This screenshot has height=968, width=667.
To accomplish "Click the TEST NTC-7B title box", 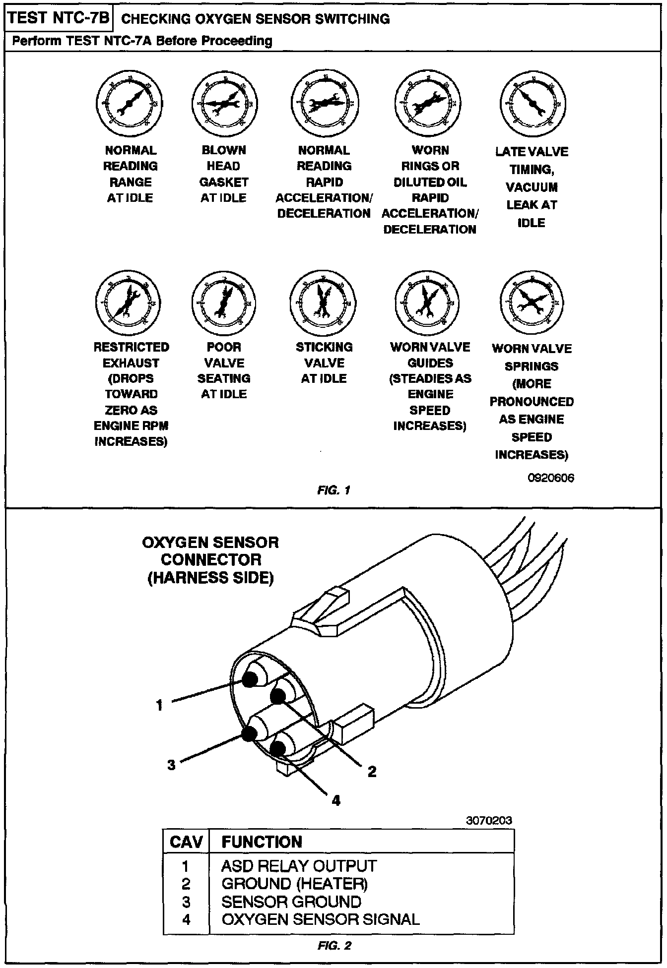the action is click(58, 18).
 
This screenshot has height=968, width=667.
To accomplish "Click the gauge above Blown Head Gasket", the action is click(224, 103).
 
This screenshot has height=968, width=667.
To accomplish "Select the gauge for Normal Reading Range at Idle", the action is click(129, 103).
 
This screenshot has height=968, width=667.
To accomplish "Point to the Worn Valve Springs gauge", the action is click(532, 302).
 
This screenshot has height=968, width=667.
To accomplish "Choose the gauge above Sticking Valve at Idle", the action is click(323, 302).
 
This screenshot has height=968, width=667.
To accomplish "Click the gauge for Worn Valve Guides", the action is click(427, 302).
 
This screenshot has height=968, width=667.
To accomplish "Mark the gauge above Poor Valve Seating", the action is click(224, 302).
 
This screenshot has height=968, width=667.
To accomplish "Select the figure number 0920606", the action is click(551, 478).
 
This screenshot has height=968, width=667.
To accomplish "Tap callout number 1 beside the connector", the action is click(159, 705).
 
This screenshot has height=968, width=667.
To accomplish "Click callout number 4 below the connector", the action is click(336, 800).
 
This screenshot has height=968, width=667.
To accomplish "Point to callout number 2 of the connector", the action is click(372, 771).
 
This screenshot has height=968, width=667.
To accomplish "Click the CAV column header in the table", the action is click(186, 842).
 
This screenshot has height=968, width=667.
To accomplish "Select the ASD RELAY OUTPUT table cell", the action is click(299, 866).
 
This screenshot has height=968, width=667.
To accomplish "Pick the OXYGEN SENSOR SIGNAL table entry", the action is click(320, 919).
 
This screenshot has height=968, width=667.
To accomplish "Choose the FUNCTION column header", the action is click(262, 842).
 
